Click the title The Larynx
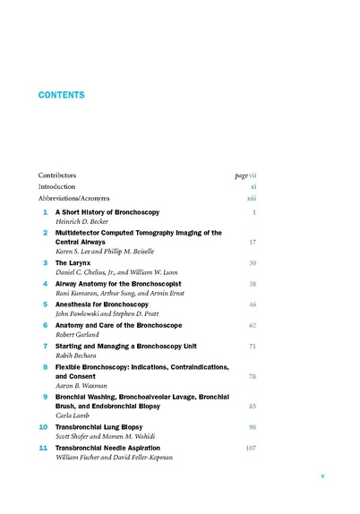[x=74, y=263]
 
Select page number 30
[x=253, y=263]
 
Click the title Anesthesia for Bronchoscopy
[x=100, y=304]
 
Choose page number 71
[x=253, y=345]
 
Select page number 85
[x=253, y=406]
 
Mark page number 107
[x=251, y=447]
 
